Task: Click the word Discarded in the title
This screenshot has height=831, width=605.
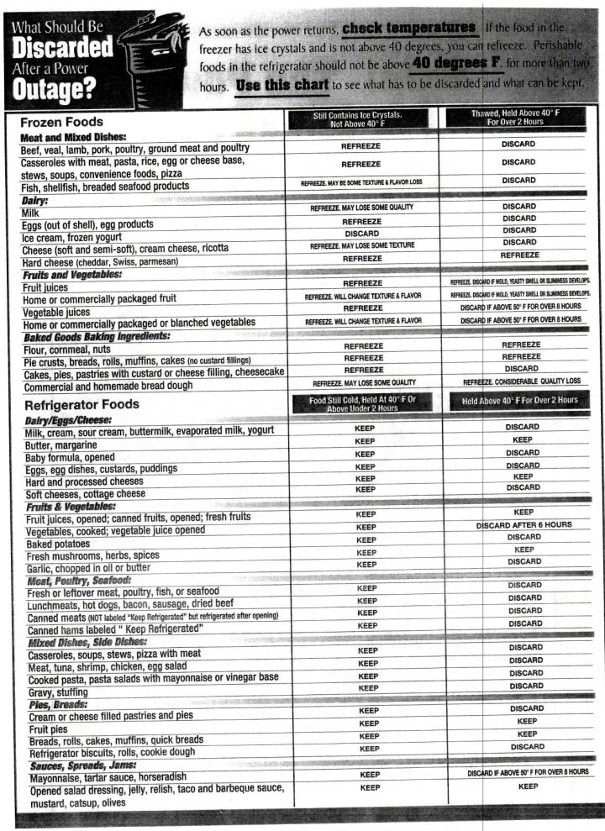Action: tap(63, 49)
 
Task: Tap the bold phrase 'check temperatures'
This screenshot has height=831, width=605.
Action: tap(409, 29)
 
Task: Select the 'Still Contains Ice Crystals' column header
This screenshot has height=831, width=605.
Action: tap(362, 118)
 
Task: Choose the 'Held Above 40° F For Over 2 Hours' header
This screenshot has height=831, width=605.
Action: tap(518, 400)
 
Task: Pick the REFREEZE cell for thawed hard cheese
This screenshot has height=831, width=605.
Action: tap(518, 255)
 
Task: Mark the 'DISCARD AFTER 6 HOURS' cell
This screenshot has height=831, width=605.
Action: tap(523, 524)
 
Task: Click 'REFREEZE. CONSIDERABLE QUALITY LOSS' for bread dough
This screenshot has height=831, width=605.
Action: tap(519, 382)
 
